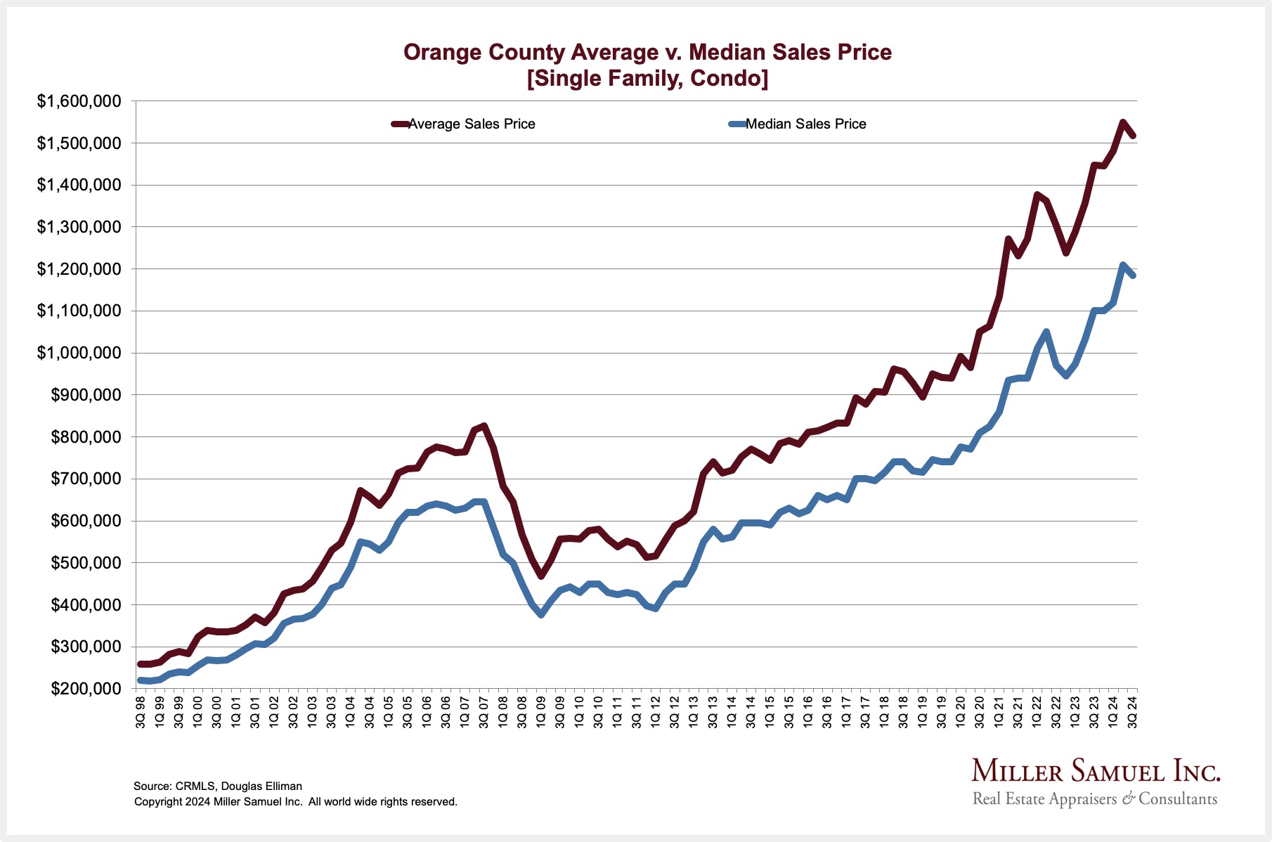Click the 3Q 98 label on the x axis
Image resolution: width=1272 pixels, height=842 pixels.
(x=141, y=712)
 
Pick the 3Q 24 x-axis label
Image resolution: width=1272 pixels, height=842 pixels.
(x=1132, y=712)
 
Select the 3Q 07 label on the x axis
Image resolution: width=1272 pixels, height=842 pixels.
(x=484, y=712)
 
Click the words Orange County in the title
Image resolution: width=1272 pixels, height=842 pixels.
(x=484, y=52)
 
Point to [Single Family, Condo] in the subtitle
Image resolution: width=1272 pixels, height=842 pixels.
(x=647, y=78)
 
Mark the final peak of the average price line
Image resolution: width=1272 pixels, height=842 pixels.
(x=1122, y=122)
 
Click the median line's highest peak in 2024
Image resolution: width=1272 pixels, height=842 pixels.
(x=1122, y=265)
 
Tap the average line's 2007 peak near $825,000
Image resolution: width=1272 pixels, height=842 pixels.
(x=484, y=426)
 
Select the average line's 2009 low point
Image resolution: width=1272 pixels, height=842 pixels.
(x=541, y=576)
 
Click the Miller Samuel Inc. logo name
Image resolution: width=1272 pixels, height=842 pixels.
(x=1096, y=772)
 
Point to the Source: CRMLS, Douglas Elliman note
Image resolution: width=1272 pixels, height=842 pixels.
(x=218, y=786)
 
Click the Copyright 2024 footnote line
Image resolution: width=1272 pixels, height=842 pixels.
(x=296, y=802)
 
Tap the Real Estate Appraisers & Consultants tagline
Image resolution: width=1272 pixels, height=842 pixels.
(x=1094, y=799)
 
